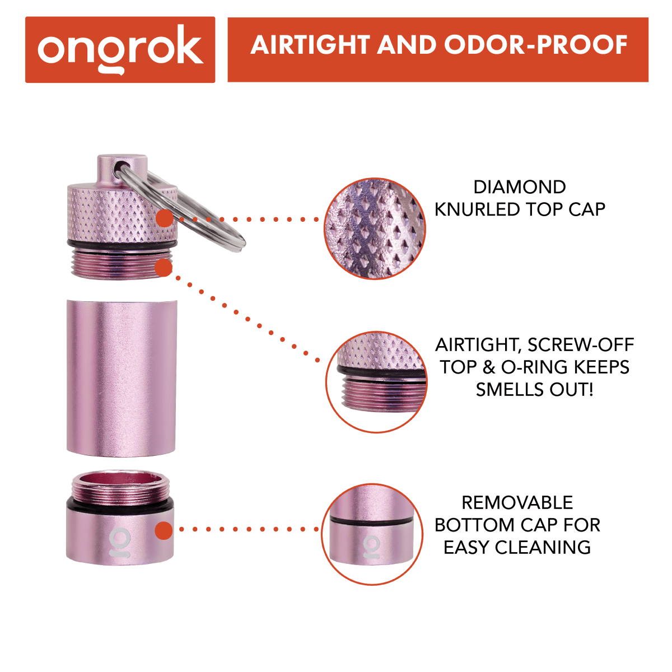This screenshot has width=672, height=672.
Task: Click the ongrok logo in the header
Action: [x=120, y=49]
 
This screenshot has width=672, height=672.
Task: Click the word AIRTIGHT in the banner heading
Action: [x=310, y=45]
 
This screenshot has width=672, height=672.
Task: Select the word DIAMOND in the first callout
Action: [x=519, y=187]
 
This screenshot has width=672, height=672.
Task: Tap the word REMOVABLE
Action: [x=517, y=503]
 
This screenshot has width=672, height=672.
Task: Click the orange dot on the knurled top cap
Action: [x=164, y=219]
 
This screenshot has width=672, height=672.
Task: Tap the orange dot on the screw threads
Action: [x=164, y=268]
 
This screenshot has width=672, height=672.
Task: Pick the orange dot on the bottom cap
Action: [x=163, y=530]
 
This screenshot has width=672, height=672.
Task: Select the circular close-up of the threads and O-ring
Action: [x=376, y=381]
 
